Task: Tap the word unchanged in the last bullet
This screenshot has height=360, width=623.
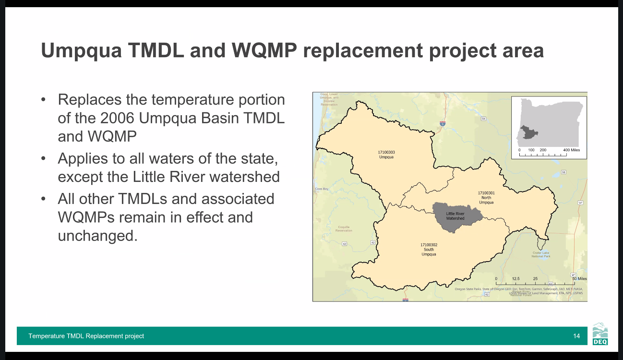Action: (94, 236)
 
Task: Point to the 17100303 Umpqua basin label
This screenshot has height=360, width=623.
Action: (386, 155)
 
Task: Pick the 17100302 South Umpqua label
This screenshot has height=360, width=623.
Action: (429, 249)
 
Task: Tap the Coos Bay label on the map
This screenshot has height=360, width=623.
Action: (322, 189)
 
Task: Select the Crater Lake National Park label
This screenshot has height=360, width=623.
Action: (541, 254)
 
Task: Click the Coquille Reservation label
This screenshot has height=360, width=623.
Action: (344, 228)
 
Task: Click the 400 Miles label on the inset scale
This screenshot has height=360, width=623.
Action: (571, 150)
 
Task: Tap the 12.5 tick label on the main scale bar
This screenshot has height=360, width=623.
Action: (515, 278)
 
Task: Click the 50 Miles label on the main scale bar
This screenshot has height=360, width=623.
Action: (579, 278)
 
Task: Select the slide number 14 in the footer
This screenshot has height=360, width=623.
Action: (576, 336)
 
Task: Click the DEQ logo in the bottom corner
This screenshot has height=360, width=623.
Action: (600, 334)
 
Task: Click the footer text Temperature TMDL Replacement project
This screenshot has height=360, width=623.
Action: (86, 336)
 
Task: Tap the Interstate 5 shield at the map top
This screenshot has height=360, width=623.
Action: (442, 124)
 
